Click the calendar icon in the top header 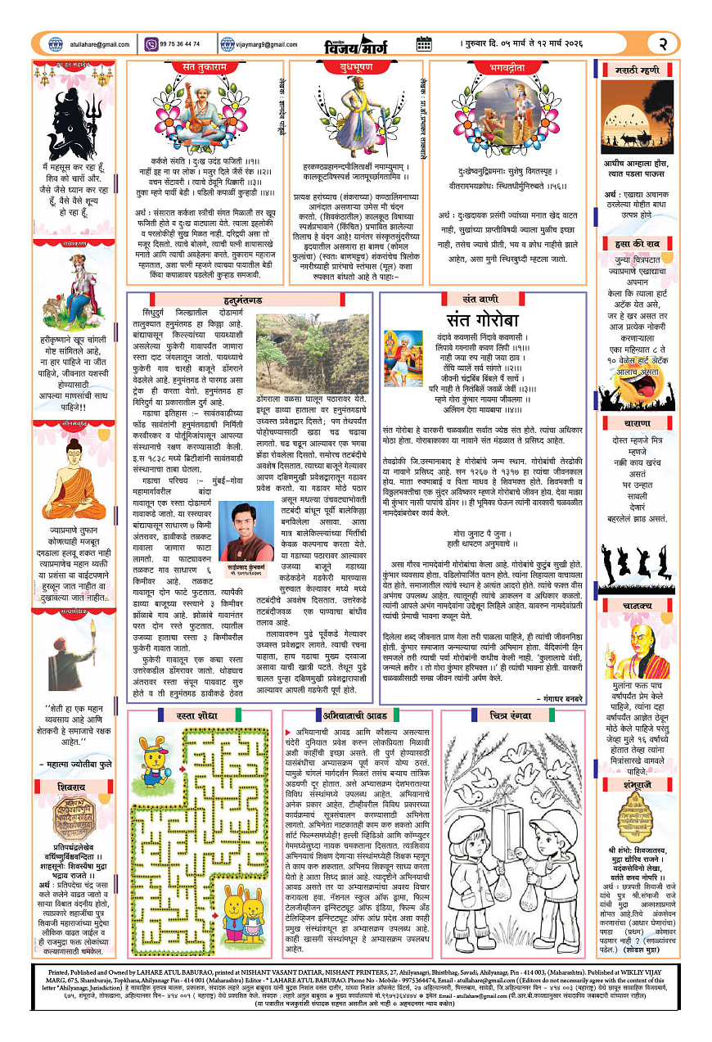[424, 43]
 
